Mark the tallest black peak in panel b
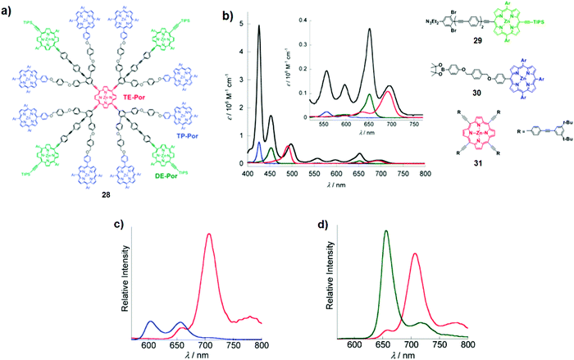point(259,26)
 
